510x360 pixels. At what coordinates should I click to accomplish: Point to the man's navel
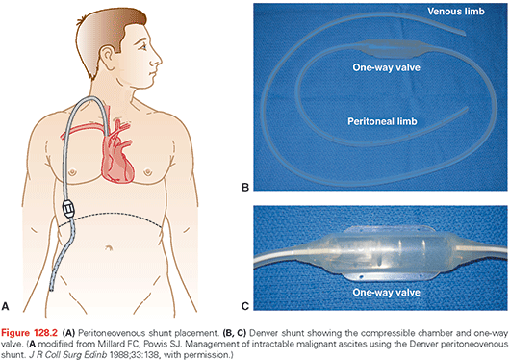pyautogui.click(x=109, y=248)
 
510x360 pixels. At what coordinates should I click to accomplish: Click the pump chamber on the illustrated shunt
pyautogui.click(x=68, y=209)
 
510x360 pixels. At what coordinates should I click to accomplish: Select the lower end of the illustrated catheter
pyautogui.click(x=51, y=289)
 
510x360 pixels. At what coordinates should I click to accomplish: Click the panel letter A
pyautogui.click(x=5, y=306)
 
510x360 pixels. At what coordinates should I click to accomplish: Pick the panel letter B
pyautogui.click(x=245, y=187)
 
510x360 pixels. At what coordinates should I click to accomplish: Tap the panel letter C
pyautogui.click(x=245, y=306)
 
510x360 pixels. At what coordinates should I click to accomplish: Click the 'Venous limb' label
pyautogui.click(x=456, y=12)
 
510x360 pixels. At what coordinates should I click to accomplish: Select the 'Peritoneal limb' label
pyautogui.click(x=382, y=121)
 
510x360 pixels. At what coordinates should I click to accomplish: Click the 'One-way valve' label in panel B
pyautogui.click(x=386, y=67)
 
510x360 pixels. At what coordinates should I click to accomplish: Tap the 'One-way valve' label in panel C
pyautogui.click(x=386, y=292)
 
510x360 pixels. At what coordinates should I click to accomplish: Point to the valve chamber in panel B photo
pyautogui.click(x=387, y=49)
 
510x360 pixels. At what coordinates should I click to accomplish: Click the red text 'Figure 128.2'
pyautogui.click(x=29, y=333)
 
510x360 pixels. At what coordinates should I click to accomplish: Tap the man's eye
pyautogui.click(x=143, y=47)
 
